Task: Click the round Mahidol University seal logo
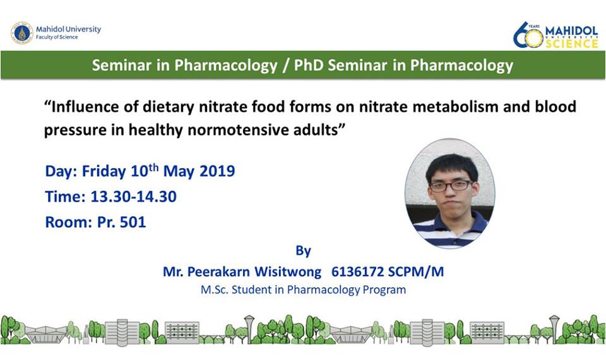pos(22,33)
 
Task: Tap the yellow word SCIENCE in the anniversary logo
pos(572,44)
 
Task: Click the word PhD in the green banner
pos(308,65)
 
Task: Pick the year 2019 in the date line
pos(217,171)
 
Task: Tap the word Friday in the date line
pos(104,171)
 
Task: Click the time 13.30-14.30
pos(133,196)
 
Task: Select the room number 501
pos(133,222)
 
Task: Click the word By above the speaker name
pos(304,251)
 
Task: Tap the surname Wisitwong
pos(287,272)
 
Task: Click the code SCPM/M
pos(415,272)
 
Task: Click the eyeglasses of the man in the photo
pos(451,186)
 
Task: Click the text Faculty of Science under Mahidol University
pos(57,37)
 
